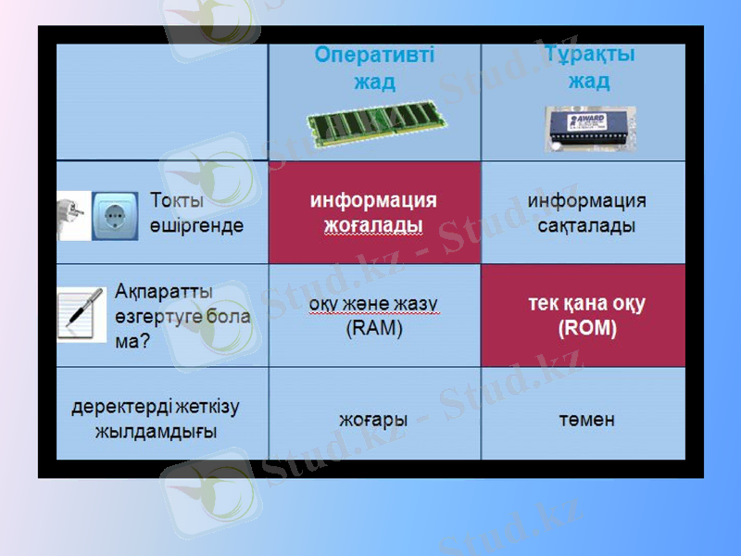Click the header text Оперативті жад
pyautogui.click(x=374, y=69)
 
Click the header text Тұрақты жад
pyautogui.click(x=589, y=68)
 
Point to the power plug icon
pyautogui.click(x=73, y=217)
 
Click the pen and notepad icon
pyautogui.click(x=82, y=314)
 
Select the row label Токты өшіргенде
pyautogui.click(x=196, y=213)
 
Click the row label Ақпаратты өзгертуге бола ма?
pyautogui.click(x=182, y=315)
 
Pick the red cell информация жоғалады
pyautogui.click(x=374, y=213)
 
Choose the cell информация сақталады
pyautogui.click(x=586, y=213)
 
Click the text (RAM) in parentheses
pyautogui.click(x=374, y=328)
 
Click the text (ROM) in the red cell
pyautogui.click(x=587, y=328)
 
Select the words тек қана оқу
pyautogui.click(x=587, y=304)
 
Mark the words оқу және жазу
pyautogui.click(x=374, y=304)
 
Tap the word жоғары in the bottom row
pyautogui.click(x=373, y=419)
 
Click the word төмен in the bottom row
pyautogui.click(x=586, y=420)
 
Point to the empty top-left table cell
pyautogui.click(x=162, y=102)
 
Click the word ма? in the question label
pyautogui.click(x=133, y=340)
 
